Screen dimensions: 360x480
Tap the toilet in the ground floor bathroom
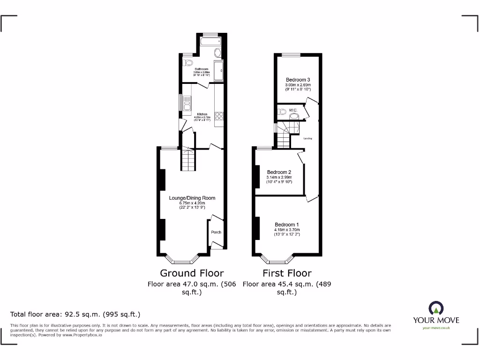(188, 62)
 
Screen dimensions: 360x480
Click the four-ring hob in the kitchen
(219, 116)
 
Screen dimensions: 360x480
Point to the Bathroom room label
(202, 69)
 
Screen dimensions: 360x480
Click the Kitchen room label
(202, 114)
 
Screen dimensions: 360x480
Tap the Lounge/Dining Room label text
(192, 198)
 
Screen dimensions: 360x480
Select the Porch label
(216, 232)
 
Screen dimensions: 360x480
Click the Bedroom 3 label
(298, 80)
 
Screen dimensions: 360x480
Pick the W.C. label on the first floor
(293, 110)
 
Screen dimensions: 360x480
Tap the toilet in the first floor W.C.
(282, 112)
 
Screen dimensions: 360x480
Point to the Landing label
(307, 138)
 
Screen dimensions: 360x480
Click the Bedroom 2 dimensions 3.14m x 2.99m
(279, 177)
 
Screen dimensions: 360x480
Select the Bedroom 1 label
(286, 224)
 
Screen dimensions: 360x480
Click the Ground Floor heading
(192, 273)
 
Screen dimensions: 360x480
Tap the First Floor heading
(287, 273)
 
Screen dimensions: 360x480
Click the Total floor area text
(75, 314)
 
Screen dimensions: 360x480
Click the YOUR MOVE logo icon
(436, 308)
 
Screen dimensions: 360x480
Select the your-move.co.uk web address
(436, 328)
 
